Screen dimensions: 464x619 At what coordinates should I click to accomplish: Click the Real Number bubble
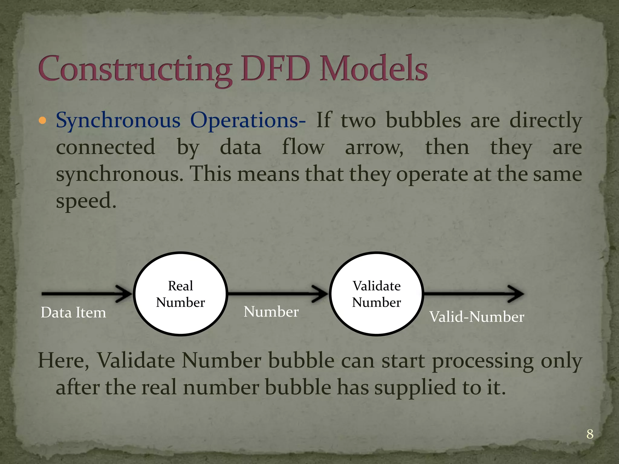point(180,294)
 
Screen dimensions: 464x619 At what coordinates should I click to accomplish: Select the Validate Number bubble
point(376,294)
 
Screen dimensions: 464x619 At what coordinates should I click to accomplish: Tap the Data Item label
point(73,313)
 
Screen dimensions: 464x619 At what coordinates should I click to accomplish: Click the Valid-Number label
point(477,317)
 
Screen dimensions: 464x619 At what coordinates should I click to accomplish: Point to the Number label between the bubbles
point(271,312)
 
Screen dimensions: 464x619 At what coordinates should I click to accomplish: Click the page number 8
point(590,434)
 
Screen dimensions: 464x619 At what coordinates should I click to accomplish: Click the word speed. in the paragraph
point(86,201)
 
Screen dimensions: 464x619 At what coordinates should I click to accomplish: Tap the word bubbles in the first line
point(423,120)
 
